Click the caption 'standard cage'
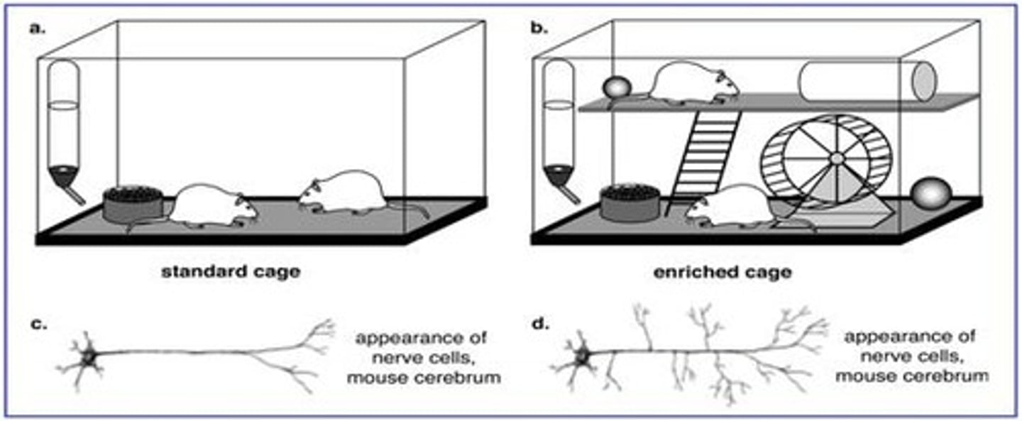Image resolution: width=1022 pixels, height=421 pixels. point(231,271)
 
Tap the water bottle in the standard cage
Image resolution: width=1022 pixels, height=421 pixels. point(64,128)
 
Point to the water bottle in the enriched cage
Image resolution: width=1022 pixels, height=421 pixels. point(560,128)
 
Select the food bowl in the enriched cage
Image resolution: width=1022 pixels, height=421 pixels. point(628,204)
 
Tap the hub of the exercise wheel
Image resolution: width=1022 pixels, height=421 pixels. point(837,158)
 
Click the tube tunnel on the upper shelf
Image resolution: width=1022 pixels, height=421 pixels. point(866,82)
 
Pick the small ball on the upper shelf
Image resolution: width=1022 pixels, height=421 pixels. point(616,89)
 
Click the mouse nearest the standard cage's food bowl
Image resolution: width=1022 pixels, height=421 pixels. point(209,206)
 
